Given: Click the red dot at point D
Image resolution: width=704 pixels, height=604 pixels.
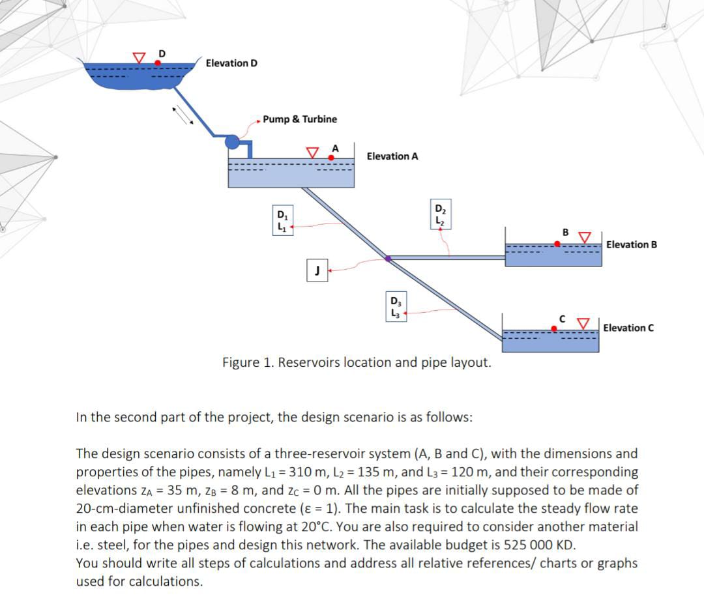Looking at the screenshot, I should (x=158, y=63).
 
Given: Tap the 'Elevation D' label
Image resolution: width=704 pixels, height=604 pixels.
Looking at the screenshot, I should (x=231, y=63).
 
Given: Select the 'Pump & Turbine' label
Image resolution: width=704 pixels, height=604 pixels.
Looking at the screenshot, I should (x=300, y=119).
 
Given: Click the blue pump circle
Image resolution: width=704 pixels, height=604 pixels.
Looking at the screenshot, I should (x=231, y=141).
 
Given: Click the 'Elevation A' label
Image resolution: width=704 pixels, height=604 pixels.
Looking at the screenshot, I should (x=392, y=156).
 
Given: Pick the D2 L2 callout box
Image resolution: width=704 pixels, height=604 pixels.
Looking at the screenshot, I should (x=439, y=215).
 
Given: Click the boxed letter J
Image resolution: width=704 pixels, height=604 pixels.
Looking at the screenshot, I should (x=316, y=270).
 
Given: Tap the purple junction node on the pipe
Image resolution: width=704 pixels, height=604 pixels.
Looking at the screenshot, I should (x=388, y=259).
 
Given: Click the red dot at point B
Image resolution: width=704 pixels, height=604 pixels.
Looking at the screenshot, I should (x=557, y=244).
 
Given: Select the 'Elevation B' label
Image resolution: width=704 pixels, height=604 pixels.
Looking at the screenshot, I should (x=631, y=245).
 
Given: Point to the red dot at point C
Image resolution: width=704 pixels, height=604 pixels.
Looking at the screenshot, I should (x=554, y=329).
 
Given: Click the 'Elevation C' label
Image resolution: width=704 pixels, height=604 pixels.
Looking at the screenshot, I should (x=628, y=328).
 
